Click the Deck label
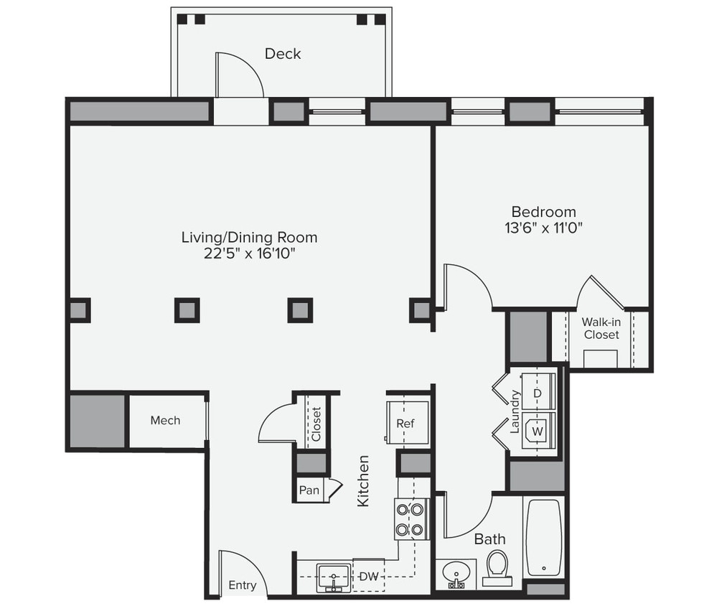point(283,54)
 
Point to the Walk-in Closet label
point(601,328)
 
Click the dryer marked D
point(537,394)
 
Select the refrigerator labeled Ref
point(405,423)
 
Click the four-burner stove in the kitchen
point(409,519)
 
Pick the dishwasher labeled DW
point(368,576)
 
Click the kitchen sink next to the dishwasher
point(334,577)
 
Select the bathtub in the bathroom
point(544,538)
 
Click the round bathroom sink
point(454,574)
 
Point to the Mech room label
point(165,421)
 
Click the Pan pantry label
point(309,490)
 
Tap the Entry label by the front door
point(242,585)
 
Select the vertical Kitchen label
point(364,480)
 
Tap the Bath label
point(489,539)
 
